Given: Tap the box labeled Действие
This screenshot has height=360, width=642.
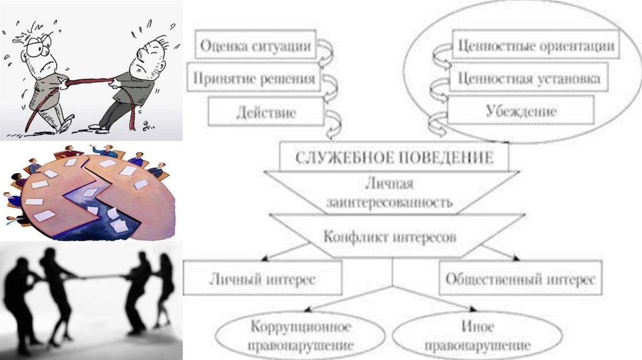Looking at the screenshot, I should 266,114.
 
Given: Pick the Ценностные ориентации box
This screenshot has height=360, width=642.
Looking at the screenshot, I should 535,46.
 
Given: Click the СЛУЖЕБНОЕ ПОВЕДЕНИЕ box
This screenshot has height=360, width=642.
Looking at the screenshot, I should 393,157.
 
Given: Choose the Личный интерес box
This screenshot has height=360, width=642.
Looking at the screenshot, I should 263,280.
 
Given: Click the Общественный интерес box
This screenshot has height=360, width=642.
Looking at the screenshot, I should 520,280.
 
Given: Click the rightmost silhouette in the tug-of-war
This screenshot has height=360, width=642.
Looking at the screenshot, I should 165,289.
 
